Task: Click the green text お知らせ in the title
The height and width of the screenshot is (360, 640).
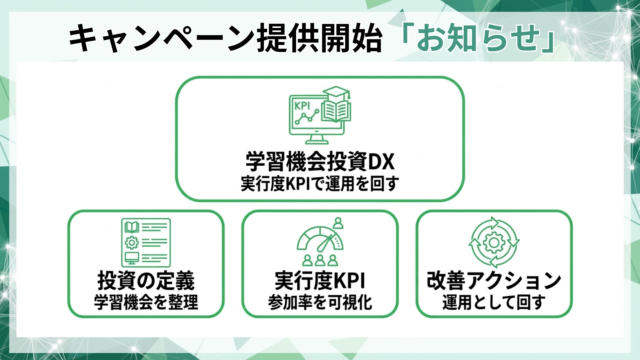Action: [478, 38]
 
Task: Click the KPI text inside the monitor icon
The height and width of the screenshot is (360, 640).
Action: [302, 106]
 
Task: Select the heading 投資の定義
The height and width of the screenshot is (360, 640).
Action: [146, 281]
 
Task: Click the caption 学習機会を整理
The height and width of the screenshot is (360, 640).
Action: [146, 302]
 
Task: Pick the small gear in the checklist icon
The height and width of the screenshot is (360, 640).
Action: [132, 242]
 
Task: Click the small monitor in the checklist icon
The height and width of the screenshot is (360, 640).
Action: [132, 257]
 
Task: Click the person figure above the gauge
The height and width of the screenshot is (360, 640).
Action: [338, 223]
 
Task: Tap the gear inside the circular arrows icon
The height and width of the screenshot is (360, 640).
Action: [494, 242]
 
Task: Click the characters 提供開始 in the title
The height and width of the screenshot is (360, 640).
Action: [319, 38]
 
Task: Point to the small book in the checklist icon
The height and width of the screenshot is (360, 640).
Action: [132, 227]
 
